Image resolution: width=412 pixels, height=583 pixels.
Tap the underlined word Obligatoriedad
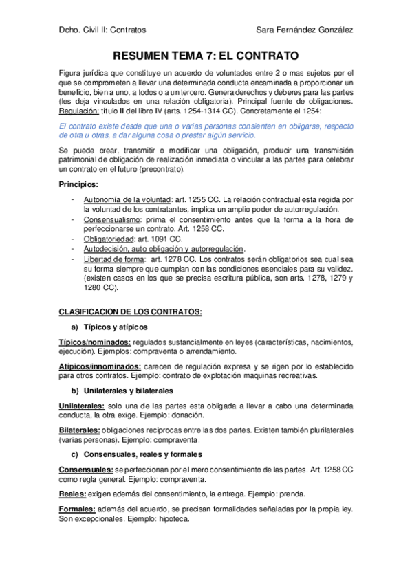pyautogui.click(x=108, y=239)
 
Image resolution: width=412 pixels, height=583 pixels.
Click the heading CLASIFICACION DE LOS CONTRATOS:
pyautogui.click(x=131, y=311)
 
